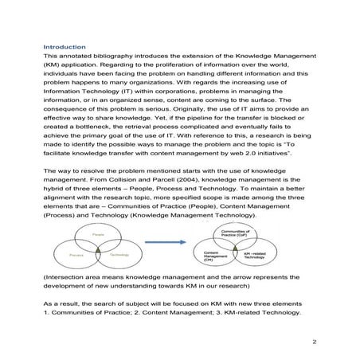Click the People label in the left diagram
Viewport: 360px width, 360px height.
[98, 235]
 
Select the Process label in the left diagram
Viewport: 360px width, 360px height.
[76, 253]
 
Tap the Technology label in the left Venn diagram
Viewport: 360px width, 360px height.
[120, 253]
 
